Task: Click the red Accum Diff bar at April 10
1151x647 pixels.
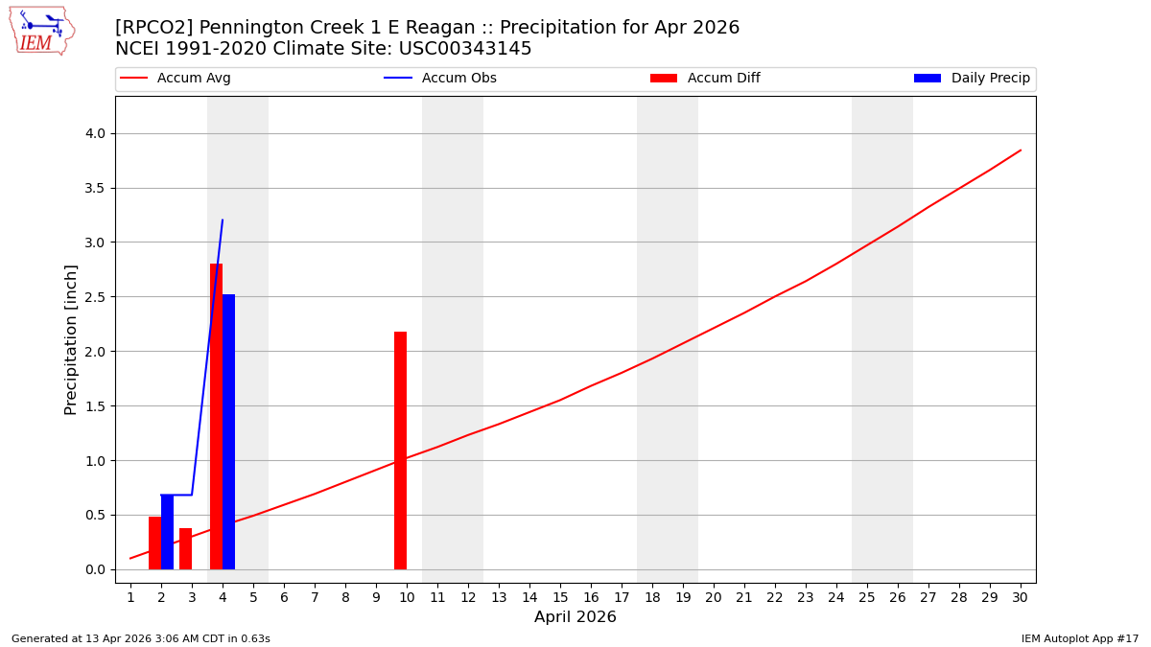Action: [400, 451]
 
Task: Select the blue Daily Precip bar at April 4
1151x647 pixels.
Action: [228, 431]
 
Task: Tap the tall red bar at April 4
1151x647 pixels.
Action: [216, 417]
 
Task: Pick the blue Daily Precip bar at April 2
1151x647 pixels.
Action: [167, 532]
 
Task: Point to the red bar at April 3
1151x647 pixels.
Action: [185, 548]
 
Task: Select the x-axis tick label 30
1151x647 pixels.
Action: [1021, 597]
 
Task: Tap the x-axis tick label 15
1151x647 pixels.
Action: [560, 597]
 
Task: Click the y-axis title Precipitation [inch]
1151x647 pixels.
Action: [72, 339]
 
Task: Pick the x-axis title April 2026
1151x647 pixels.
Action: [575, 617]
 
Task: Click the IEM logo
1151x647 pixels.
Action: [41, 31]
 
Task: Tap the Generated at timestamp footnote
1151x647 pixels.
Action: [141, 638]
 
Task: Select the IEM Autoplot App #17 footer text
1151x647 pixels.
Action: [1080, 638]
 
